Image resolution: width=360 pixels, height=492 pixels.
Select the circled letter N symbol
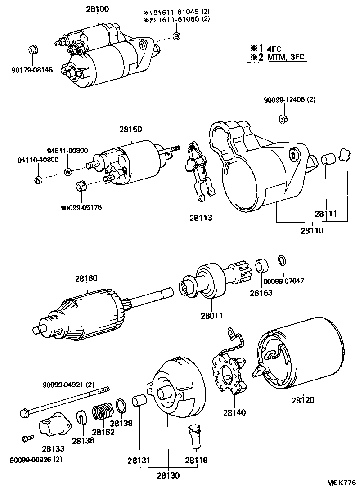38,180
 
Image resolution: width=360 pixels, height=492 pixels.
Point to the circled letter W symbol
68,171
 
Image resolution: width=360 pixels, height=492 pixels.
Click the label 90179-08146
32,70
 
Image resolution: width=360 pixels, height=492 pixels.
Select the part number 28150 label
130,129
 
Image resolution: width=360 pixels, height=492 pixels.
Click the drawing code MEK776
342,483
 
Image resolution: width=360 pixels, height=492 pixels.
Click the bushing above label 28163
262,266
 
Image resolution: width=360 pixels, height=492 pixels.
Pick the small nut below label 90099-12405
283,119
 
